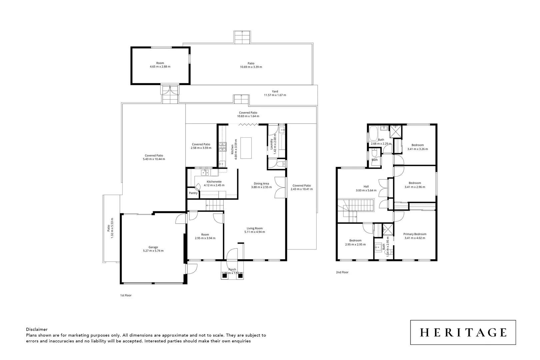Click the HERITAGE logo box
click(463, 332)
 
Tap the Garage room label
click(153, 247)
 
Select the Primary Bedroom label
click(415, 234)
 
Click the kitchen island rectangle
click(246, 148)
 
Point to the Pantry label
click(193, 193)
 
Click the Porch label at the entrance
click(232, 269)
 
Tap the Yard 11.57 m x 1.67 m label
click(275, 91)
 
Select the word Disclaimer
click(37, 329)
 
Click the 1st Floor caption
click(126, 295)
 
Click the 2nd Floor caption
click(342, 272)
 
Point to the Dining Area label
click(261, 183)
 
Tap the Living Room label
click(254, 228)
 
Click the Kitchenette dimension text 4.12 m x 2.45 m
click(214, 185)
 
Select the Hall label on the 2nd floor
click(366, 187)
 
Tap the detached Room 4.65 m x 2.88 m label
click(160, 63)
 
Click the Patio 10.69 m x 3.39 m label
click(251, 63)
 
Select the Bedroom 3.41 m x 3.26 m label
click(417, 145)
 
